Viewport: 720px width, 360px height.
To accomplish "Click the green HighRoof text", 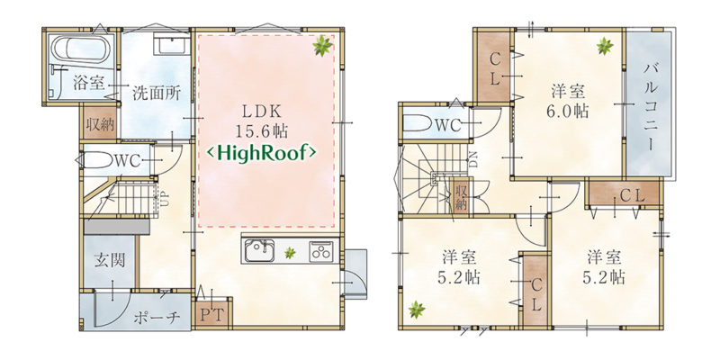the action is [x=261, y=153].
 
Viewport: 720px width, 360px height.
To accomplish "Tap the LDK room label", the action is [x=261, y=112].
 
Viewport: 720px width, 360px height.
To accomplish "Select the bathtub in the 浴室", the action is [x=80, y=49].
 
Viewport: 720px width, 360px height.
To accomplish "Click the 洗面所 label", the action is [x=156, y=94].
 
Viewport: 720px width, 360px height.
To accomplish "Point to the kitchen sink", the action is [x=259, y=251].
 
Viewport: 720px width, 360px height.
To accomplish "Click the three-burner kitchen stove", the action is [x=323, y=251].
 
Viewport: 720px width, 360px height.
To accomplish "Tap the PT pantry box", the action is [x=211, y=314].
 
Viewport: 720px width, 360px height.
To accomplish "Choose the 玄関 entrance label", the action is [x=110, y=260].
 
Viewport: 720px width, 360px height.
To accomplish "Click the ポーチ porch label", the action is [x=156, y=318].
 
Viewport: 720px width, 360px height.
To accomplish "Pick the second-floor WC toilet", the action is [x=419, y=124].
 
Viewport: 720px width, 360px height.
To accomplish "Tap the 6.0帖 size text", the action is [x=568, y=112].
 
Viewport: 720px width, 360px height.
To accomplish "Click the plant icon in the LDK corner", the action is [x=322, y=46].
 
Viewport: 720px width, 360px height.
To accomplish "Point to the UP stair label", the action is [x=161, y=199].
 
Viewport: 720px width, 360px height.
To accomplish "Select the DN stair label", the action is [x=472, y=161].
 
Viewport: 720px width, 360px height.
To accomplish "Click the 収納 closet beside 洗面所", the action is [x=100, y=124].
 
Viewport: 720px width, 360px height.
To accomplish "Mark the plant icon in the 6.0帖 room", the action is [x=605, y=46].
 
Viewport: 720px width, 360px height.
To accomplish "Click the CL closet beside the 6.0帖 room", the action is [x=494, y=67].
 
